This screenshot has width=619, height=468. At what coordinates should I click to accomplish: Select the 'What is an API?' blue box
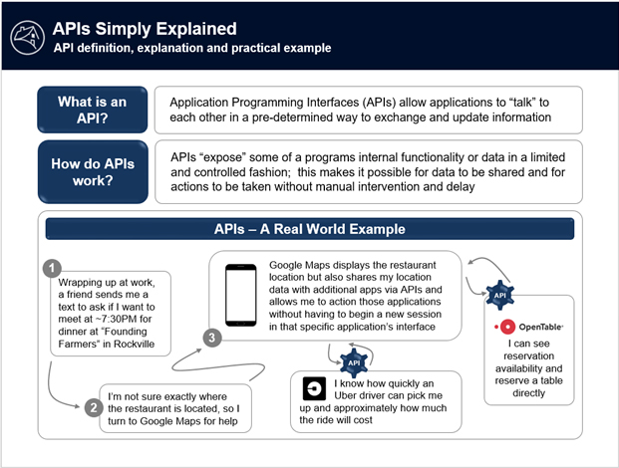pyautogui.click(x=91, y=109)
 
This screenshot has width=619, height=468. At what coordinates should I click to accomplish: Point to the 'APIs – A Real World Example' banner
pyautogui.click(x=310, y=229)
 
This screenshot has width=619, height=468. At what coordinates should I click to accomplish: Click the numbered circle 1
pyautogui.click(x=53, y=270)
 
